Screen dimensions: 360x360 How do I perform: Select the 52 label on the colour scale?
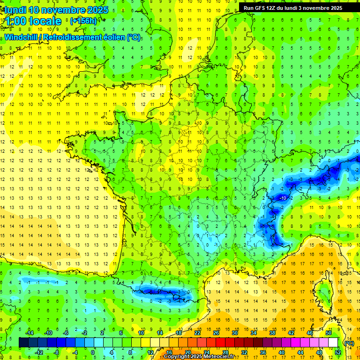[x=337, y=352]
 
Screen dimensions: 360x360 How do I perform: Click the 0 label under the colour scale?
[x=93, y=352]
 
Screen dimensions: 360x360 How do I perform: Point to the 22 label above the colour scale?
[x=197, y=333]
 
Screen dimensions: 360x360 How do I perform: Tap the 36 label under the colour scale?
[x=262, y=352]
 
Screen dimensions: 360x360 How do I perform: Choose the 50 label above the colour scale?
[x=329, y=333]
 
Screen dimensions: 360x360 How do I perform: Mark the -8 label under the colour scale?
[x=56, y=352]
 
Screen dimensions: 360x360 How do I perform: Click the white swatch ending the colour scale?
[x=333, y=343]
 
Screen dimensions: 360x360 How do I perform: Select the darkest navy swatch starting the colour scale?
[x=23, y=343]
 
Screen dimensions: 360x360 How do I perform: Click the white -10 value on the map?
[x=283, y=198]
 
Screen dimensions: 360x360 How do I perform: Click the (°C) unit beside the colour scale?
[x=349, y=343]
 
